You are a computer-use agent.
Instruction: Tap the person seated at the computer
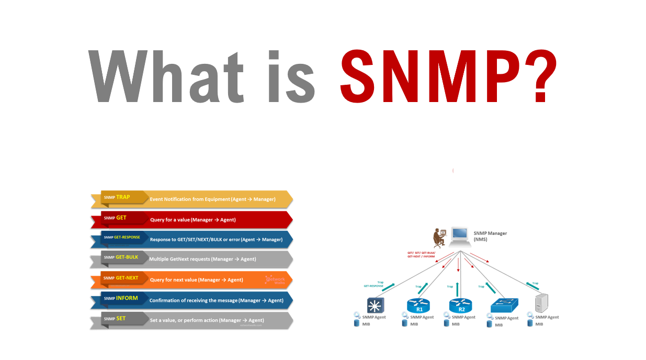(439, 238)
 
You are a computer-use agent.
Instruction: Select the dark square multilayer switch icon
(375, 305)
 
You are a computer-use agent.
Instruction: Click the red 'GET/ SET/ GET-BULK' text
(421, 253)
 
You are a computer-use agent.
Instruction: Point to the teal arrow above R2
(458, 289)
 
